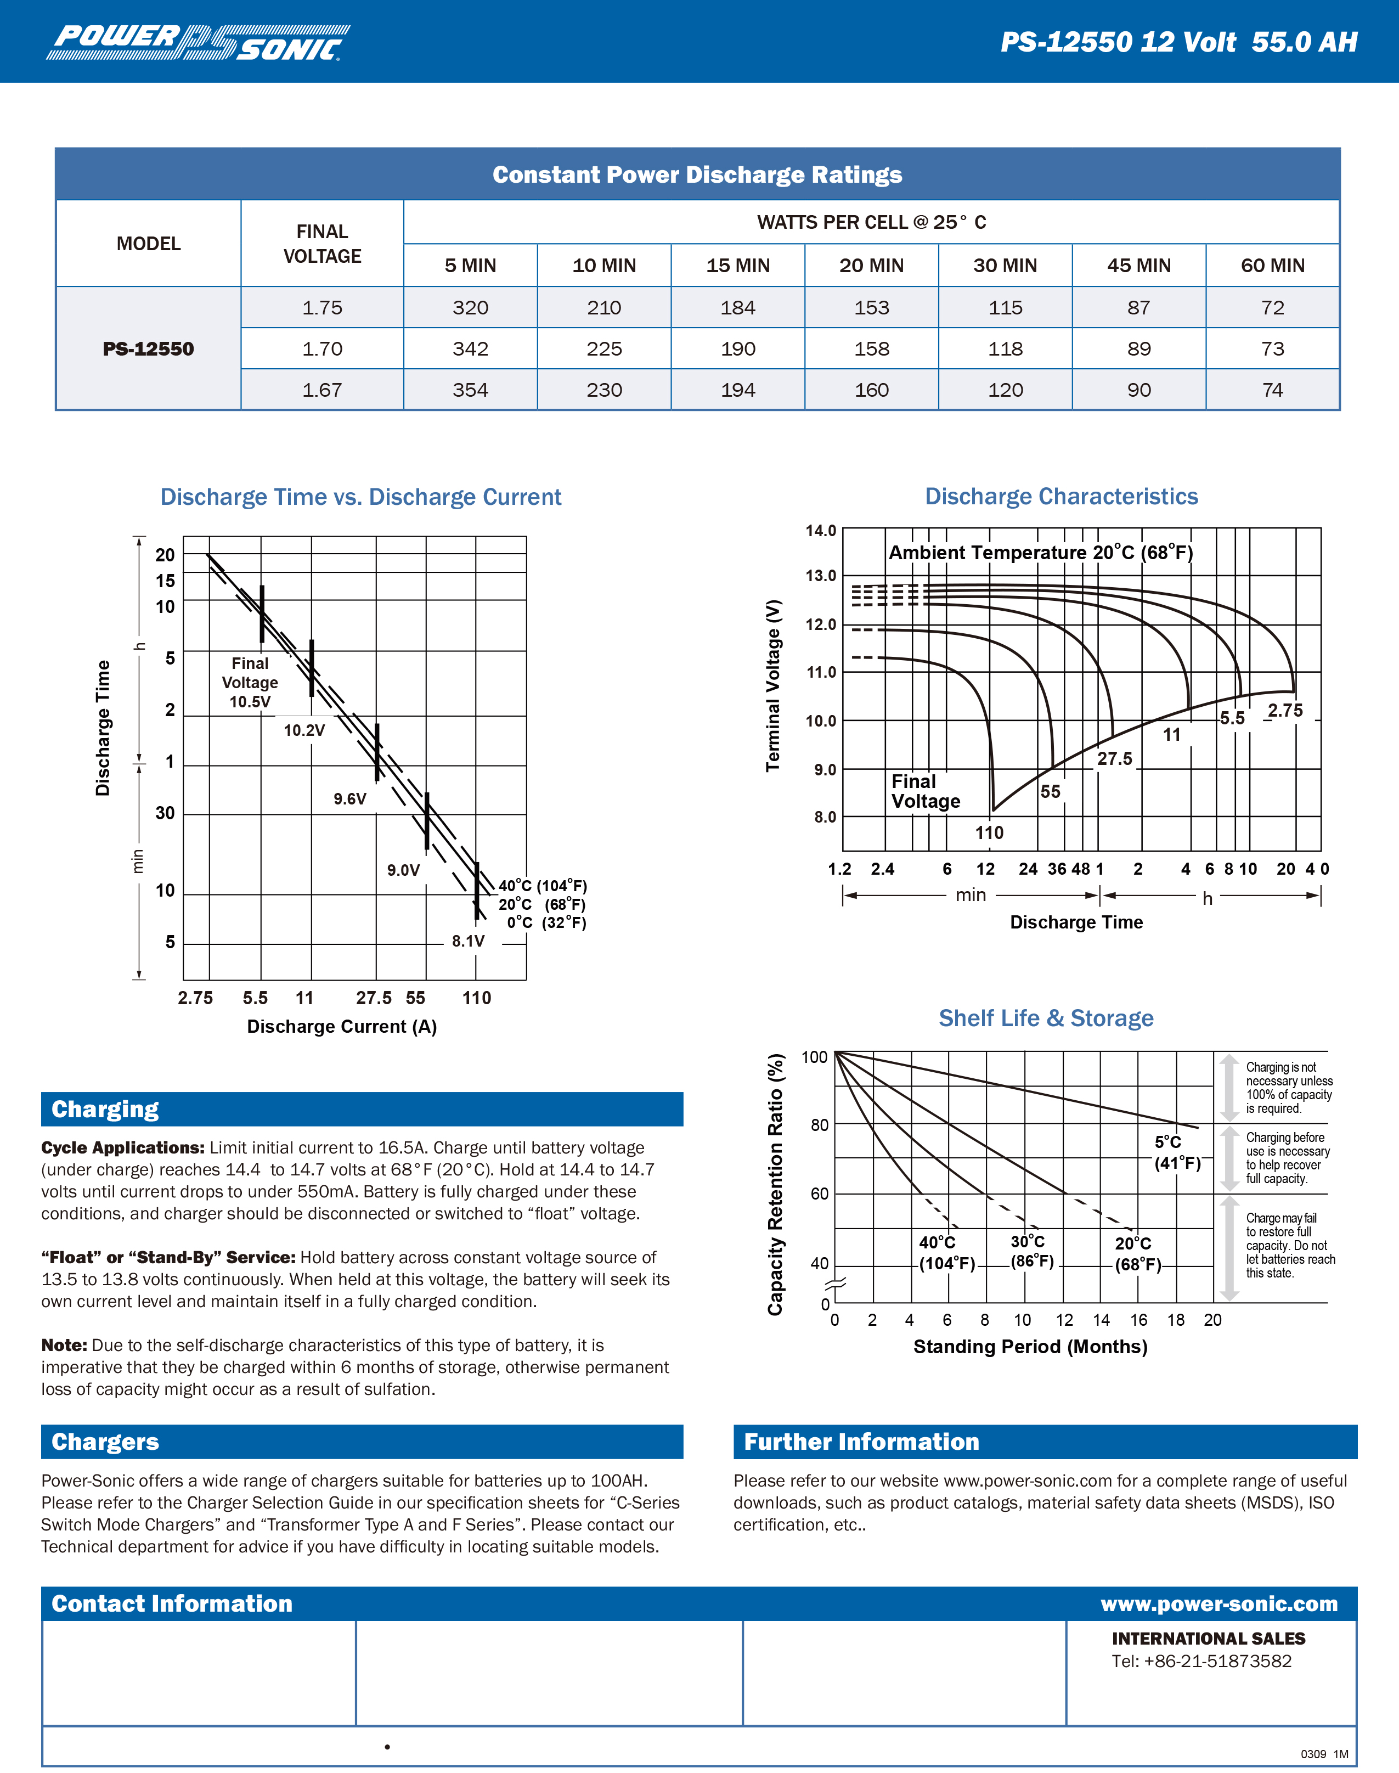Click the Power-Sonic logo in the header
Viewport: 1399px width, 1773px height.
tap(198, 43)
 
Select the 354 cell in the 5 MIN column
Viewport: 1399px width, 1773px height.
tap(470, 390)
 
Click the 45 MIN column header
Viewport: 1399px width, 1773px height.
tap(1138, 266)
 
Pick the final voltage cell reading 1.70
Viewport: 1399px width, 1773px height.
tap(322, 349)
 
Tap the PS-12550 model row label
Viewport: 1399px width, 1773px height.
tap(148, 349)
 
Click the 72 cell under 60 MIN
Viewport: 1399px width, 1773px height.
tap(1272, 308)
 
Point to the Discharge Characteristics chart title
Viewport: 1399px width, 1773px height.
tap(1060, 497)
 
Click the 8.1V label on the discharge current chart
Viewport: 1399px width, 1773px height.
tap(467, 941)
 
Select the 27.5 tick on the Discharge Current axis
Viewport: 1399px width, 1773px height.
tap(374, 998)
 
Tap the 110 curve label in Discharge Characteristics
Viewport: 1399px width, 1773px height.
tap(989, 832)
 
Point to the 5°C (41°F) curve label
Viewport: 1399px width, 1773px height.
tap(1177, 1152)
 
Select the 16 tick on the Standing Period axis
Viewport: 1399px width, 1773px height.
tap(1138, 1320)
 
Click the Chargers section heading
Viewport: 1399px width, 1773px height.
tap(106, 1441)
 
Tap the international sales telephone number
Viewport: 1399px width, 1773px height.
tap(1201, 1661)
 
